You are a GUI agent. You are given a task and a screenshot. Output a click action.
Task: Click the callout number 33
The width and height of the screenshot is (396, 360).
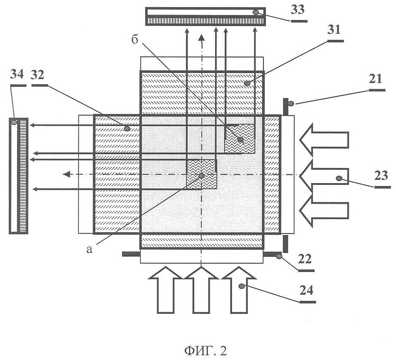pos(298,10)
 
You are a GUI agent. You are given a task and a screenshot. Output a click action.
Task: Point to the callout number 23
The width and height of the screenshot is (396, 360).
pos(381,176)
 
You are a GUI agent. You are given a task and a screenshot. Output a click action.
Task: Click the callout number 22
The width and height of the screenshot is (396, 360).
pos(305,259)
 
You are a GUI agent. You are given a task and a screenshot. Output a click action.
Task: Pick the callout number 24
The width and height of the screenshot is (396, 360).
pos(307,290)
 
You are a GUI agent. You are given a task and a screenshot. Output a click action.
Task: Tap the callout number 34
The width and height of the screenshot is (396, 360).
pos(17,75)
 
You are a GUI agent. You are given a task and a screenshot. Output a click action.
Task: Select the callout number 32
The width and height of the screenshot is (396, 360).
pos(37,75)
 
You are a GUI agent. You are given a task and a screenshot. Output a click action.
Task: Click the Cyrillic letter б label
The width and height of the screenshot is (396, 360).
pos(135,39)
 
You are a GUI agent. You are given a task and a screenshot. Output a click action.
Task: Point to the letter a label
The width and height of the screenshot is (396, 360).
pos(89,249)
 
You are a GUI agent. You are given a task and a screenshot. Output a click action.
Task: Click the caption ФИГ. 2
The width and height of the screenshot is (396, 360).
pos(206,351)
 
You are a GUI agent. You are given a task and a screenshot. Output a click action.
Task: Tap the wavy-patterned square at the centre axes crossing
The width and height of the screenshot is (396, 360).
pos(201,174)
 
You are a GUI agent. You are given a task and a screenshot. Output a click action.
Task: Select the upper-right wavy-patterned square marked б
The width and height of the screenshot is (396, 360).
pos(240,138)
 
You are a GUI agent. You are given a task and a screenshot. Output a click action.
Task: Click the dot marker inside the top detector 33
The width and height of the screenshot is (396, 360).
pos(256,12)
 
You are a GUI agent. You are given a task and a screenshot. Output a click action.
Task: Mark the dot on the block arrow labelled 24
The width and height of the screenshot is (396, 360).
pos(242,286)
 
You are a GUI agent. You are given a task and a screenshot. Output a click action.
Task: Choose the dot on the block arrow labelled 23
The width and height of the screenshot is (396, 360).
pos(339,179)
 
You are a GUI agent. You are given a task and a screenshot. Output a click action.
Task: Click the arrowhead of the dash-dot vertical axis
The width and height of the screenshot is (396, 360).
pos(201,37)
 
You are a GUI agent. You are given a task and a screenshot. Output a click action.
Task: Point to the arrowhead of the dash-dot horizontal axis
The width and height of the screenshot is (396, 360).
pos(66,174)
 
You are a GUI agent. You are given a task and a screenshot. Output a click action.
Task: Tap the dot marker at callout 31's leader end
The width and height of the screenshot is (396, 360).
pos(247,83)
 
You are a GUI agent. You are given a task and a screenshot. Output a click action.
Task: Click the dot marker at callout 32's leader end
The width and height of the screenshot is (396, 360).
pos(127,129)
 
